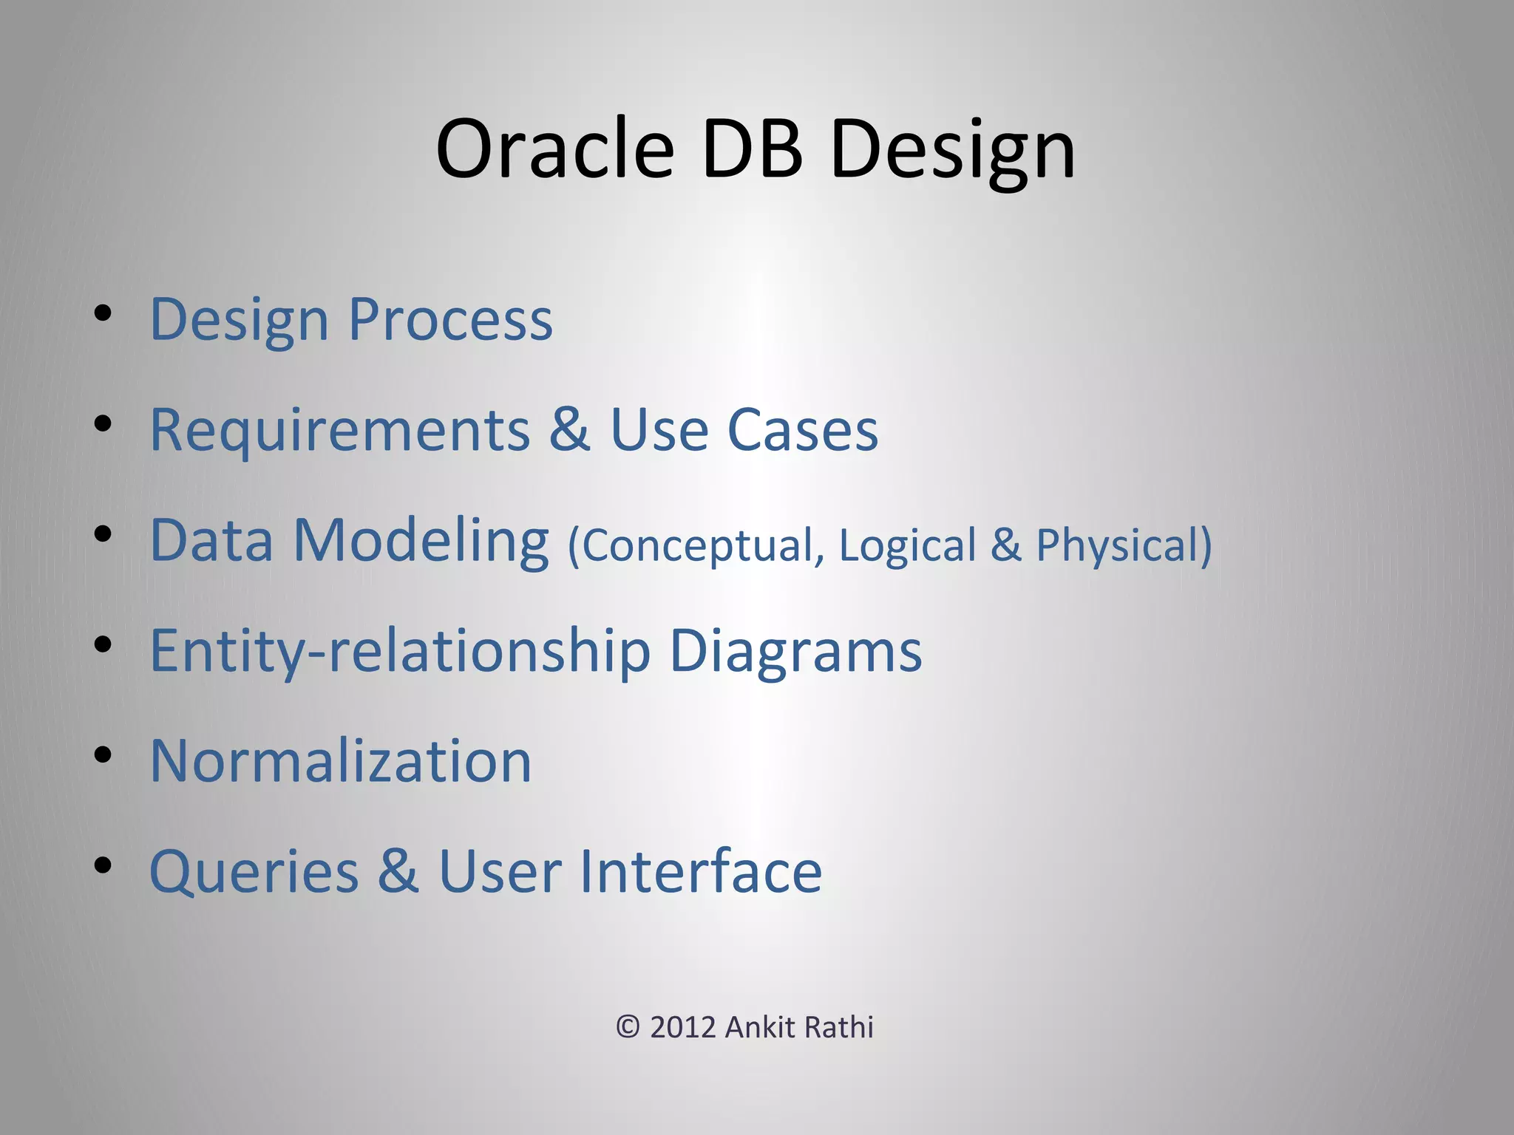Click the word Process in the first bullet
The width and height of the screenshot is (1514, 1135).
(x=450, y=319)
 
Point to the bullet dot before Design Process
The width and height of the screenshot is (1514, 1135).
(x=103, y=314)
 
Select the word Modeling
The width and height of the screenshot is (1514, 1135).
(x=421, y=542)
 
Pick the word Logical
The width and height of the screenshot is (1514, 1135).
(x=908, y=545)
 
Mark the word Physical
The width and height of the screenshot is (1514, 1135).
(x=1120, y=545)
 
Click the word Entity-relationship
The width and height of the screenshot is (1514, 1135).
(x=399, y=651)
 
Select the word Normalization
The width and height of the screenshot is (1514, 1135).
(x=341, y=761)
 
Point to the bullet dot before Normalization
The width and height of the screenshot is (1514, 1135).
(x=103, y=755)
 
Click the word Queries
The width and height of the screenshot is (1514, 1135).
(x=254, y=872)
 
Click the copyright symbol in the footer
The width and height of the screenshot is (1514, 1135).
(x=628, y=1027)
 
